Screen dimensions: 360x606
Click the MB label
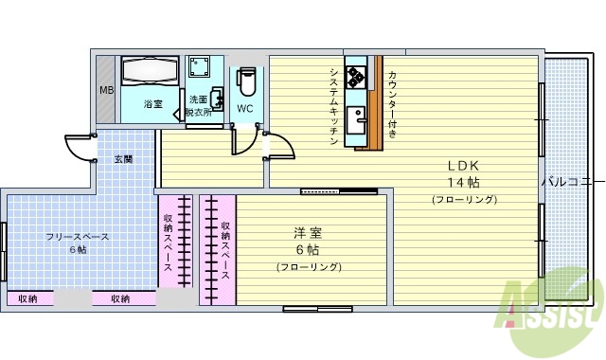coord(106,91)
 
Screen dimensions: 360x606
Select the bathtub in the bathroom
coord(150,73)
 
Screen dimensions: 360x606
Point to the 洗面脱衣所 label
coord(200,105)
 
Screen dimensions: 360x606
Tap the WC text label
coord(244,108)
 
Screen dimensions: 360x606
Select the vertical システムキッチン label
coord(334,105)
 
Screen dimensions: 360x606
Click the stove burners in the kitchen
coord(356,75)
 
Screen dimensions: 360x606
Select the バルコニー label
coord(571,180)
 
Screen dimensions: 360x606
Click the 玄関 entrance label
coord(123,158)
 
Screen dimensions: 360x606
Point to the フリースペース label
coord(78,236)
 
